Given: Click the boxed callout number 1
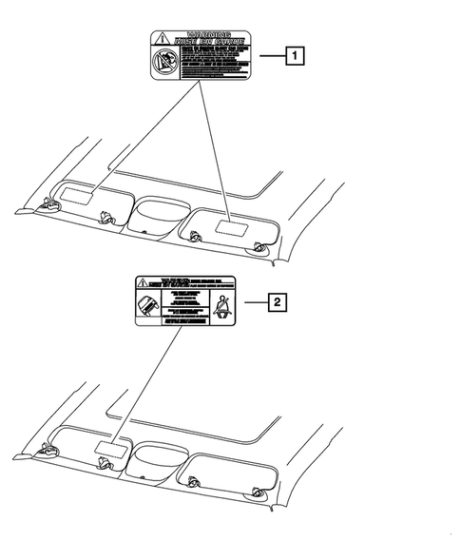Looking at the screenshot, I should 298,56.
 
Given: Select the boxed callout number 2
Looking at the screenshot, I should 277,303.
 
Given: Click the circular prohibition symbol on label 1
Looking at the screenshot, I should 162,63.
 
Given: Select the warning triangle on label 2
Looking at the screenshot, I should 141,282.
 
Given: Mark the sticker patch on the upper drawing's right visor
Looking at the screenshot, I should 227,226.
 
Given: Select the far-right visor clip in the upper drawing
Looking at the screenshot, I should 259,249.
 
